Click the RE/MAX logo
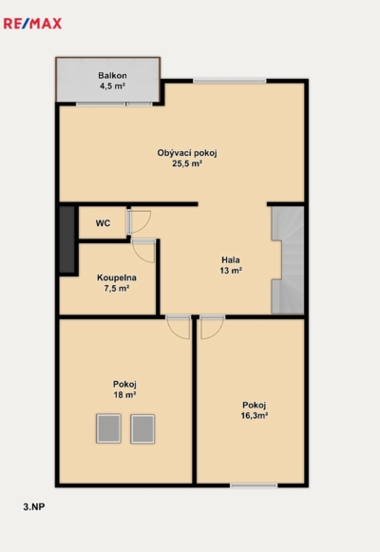(32, 24)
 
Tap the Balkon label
(112, 75)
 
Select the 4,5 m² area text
(112, 86)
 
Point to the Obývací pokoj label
(187, 153)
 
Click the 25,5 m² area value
(187, 163)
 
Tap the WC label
(103, 223)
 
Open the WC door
(138, 221)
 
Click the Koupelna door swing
(143, 251)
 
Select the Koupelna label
(117, 277)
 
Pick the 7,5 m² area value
(117, 288)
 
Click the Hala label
(231, 259)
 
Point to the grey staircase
(288, 259)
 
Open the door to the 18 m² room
(178, 327)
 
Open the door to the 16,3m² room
(212, 327)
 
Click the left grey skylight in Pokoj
(108, 428)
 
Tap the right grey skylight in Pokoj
(142, 428)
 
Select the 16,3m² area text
(254, 416)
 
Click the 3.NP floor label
(34, 506)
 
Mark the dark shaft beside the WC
(66, 239)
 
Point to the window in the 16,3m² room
(254, 485)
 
